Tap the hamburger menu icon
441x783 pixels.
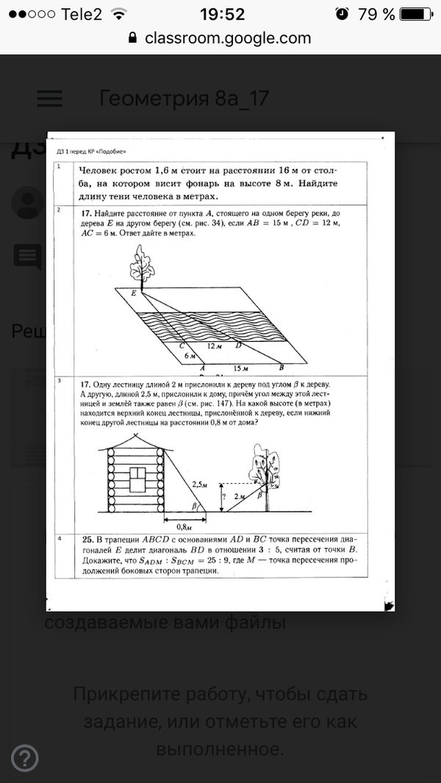(50, 99)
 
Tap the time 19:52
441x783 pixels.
(221, 14)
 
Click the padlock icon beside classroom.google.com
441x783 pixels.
(132, 38)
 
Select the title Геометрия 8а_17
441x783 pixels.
(184, 99)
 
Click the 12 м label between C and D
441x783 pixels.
(214, 345)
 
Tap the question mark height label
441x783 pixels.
(223, 497)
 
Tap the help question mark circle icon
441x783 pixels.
(25, 758)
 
